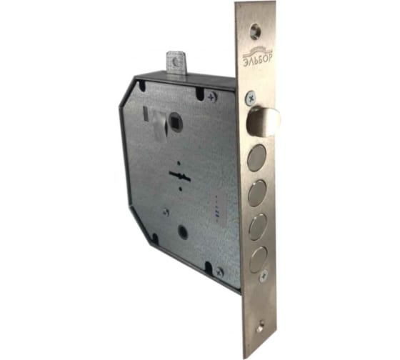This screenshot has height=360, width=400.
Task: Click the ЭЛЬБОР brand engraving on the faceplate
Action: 257,59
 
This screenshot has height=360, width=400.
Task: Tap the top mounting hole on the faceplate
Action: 255,31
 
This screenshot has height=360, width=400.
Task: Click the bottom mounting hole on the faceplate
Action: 260,327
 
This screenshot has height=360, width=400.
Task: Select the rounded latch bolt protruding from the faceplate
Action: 264,121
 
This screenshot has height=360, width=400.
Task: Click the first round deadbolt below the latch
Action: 257,158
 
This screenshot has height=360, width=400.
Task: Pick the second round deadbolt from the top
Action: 257,193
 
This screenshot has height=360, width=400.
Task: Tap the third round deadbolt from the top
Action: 258,227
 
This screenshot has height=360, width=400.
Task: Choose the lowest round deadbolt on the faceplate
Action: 258,259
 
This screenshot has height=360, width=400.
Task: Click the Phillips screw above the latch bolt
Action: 251,99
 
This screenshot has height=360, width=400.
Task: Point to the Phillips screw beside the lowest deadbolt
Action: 264,276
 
